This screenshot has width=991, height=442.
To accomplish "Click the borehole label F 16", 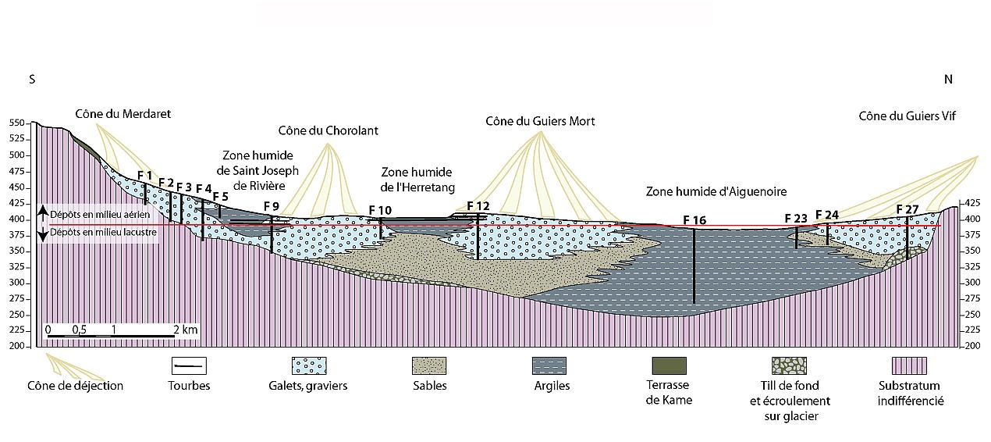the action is click(x=694, y=220).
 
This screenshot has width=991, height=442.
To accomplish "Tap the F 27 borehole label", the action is click(x=908, y=209).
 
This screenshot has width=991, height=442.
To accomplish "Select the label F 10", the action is click(x=381, y=210).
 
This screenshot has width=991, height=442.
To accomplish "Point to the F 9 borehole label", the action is click(x=272, y=206).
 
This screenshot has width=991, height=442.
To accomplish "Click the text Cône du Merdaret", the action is click(x=123, y=114).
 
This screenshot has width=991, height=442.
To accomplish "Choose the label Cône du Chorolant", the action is click(x=329, y=130).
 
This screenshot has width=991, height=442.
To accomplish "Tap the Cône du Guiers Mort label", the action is click(x=540, y=121).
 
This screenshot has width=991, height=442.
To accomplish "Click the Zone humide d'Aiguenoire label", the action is click(x=716, y=191).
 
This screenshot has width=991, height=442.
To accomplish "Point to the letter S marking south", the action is click(x=32, y=80).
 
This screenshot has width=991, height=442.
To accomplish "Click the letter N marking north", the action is click(x=948, y=80).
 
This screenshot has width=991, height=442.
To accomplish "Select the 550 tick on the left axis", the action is click(x=17, y=123).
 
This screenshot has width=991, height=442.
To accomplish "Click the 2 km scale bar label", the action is click(x=186, y=330).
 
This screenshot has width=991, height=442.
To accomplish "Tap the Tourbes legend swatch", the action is click(x=189, y=365).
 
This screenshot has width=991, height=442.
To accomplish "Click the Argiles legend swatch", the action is click(x=549, y=365).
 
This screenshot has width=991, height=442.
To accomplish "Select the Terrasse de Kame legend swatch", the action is click(x=669, y=365).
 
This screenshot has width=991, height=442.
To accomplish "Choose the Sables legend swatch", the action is click(x=429, y=365).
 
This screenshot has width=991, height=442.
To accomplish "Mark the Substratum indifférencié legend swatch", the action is click(x=909, y=365).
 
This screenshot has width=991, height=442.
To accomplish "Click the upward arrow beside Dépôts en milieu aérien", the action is click(x=42, y=213).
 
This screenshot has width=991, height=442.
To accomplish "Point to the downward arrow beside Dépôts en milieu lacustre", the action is click(x=42, y=233).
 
